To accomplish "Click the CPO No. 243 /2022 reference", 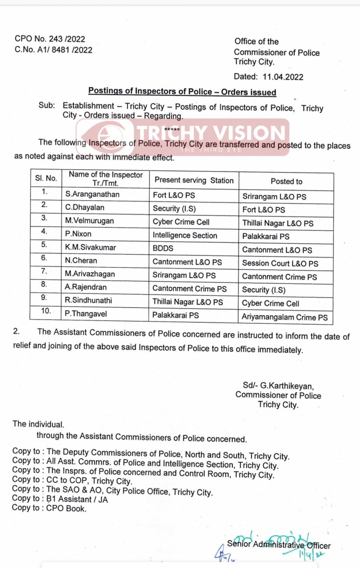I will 50,39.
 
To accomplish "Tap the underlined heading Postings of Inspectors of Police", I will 182,92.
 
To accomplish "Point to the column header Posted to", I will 287,181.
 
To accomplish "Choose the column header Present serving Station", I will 194,180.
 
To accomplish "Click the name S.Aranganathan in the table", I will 93,195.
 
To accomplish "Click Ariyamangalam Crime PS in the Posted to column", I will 285,317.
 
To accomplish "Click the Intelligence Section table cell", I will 185,235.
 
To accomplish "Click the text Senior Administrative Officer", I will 279,545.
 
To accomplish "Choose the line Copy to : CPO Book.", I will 49,509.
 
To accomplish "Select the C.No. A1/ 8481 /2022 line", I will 53,49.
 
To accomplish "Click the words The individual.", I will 38,424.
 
